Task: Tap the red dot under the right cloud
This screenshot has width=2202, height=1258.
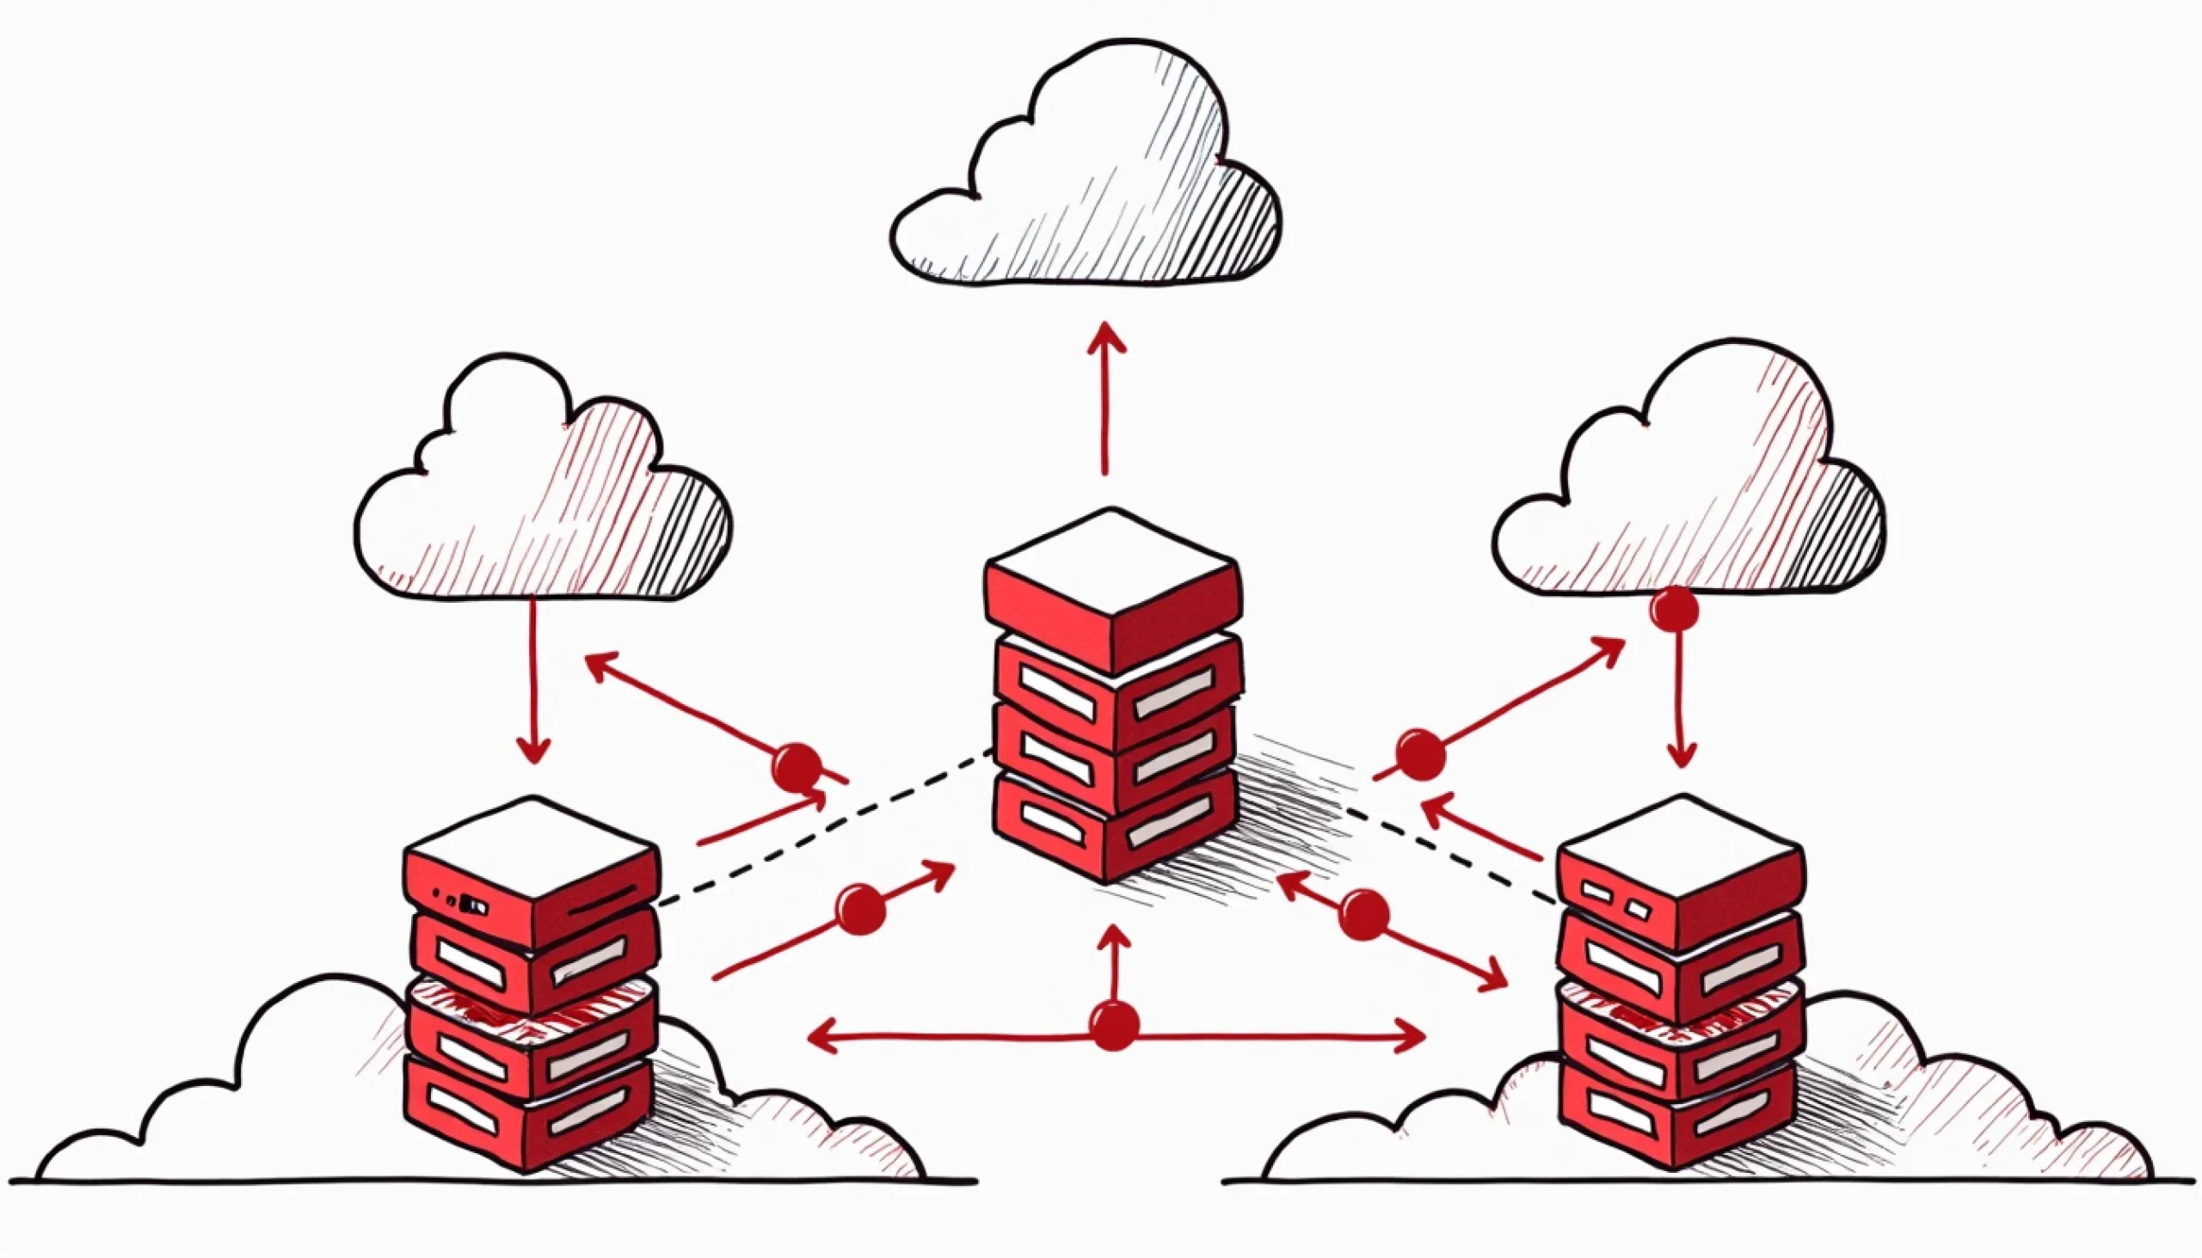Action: (1674, 611)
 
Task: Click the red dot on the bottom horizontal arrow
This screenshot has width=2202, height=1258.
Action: (1114, 1026)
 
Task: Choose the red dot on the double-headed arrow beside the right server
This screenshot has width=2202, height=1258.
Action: (1364, 915)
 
